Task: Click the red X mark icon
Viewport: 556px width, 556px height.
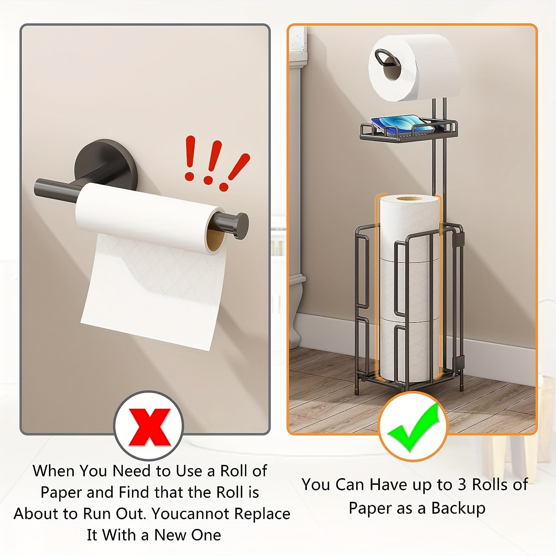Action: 149,427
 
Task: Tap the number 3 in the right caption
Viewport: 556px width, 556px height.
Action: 462,485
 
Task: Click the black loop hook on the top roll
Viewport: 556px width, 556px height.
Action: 384,58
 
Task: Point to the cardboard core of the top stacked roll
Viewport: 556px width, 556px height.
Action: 409,199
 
